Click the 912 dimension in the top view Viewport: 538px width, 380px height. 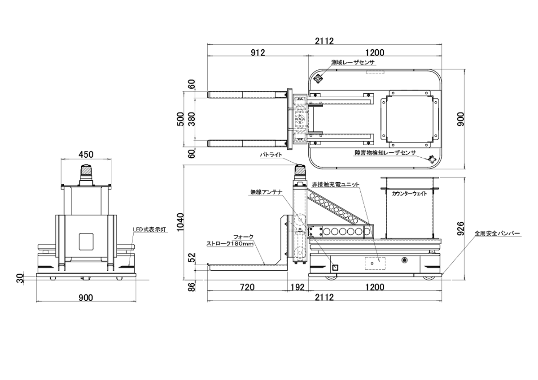pyautogui.click(x=258, y=52)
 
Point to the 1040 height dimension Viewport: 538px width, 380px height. pyautogui.click(x=180, y=222)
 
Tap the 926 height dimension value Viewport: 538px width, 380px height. pyautogui.click(x=461, y=229)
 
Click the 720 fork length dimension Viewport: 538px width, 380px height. pyautogui.click(x=247, y=287)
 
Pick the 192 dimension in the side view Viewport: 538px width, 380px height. pyautogui.click(x=297, y=287)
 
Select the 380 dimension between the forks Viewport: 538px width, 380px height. pyautogui.click(x=192, y=119)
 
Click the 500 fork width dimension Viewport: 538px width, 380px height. pyautogui.click(x=180, y=119)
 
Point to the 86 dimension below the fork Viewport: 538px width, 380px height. pyautogui.click(x=192, y=286)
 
